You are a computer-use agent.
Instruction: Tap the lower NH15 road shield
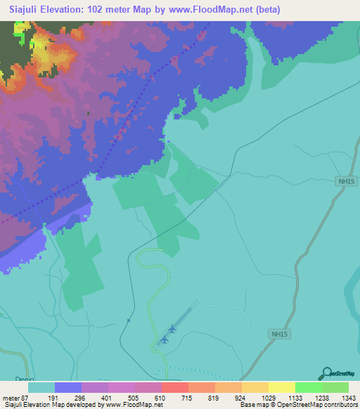(x=279, y=336)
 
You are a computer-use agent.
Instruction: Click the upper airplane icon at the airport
(x=172, y=328)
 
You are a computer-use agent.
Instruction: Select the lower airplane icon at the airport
(x=165, y=340)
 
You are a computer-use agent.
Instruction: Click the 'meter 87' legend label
(x=14, y=397)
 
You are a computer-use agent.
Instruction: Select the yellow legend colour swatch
(x=281, y=387)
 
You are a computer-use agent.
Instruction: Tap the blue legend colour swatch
(x=68, y=387)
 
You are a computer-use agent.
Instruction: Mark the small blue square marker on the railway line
(x=129, y=320)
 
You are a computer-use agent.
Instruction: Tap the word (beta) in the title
(x=298, y=10)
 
